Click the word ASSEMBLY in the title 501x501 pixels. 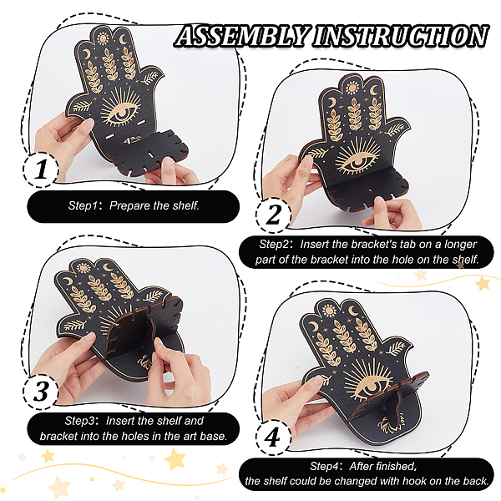243,36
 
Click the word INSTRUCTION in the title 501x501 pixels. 401,36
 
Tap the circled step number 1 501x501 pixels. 41,169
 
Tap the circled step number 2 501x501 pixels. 273,214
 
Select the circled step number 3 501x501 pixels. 41,391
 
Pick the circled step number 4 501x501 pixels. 273,437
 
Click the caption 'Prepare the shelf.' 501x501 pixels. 154,205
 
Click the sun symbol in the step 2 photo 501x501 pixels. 352,88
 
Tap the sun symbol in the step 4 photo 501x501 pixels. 329,311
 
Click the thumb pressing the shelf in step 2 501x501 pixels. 380,205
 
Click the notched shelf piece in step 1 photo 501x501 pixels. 149,152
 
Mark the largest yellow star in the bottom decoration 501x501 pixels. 175,459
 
